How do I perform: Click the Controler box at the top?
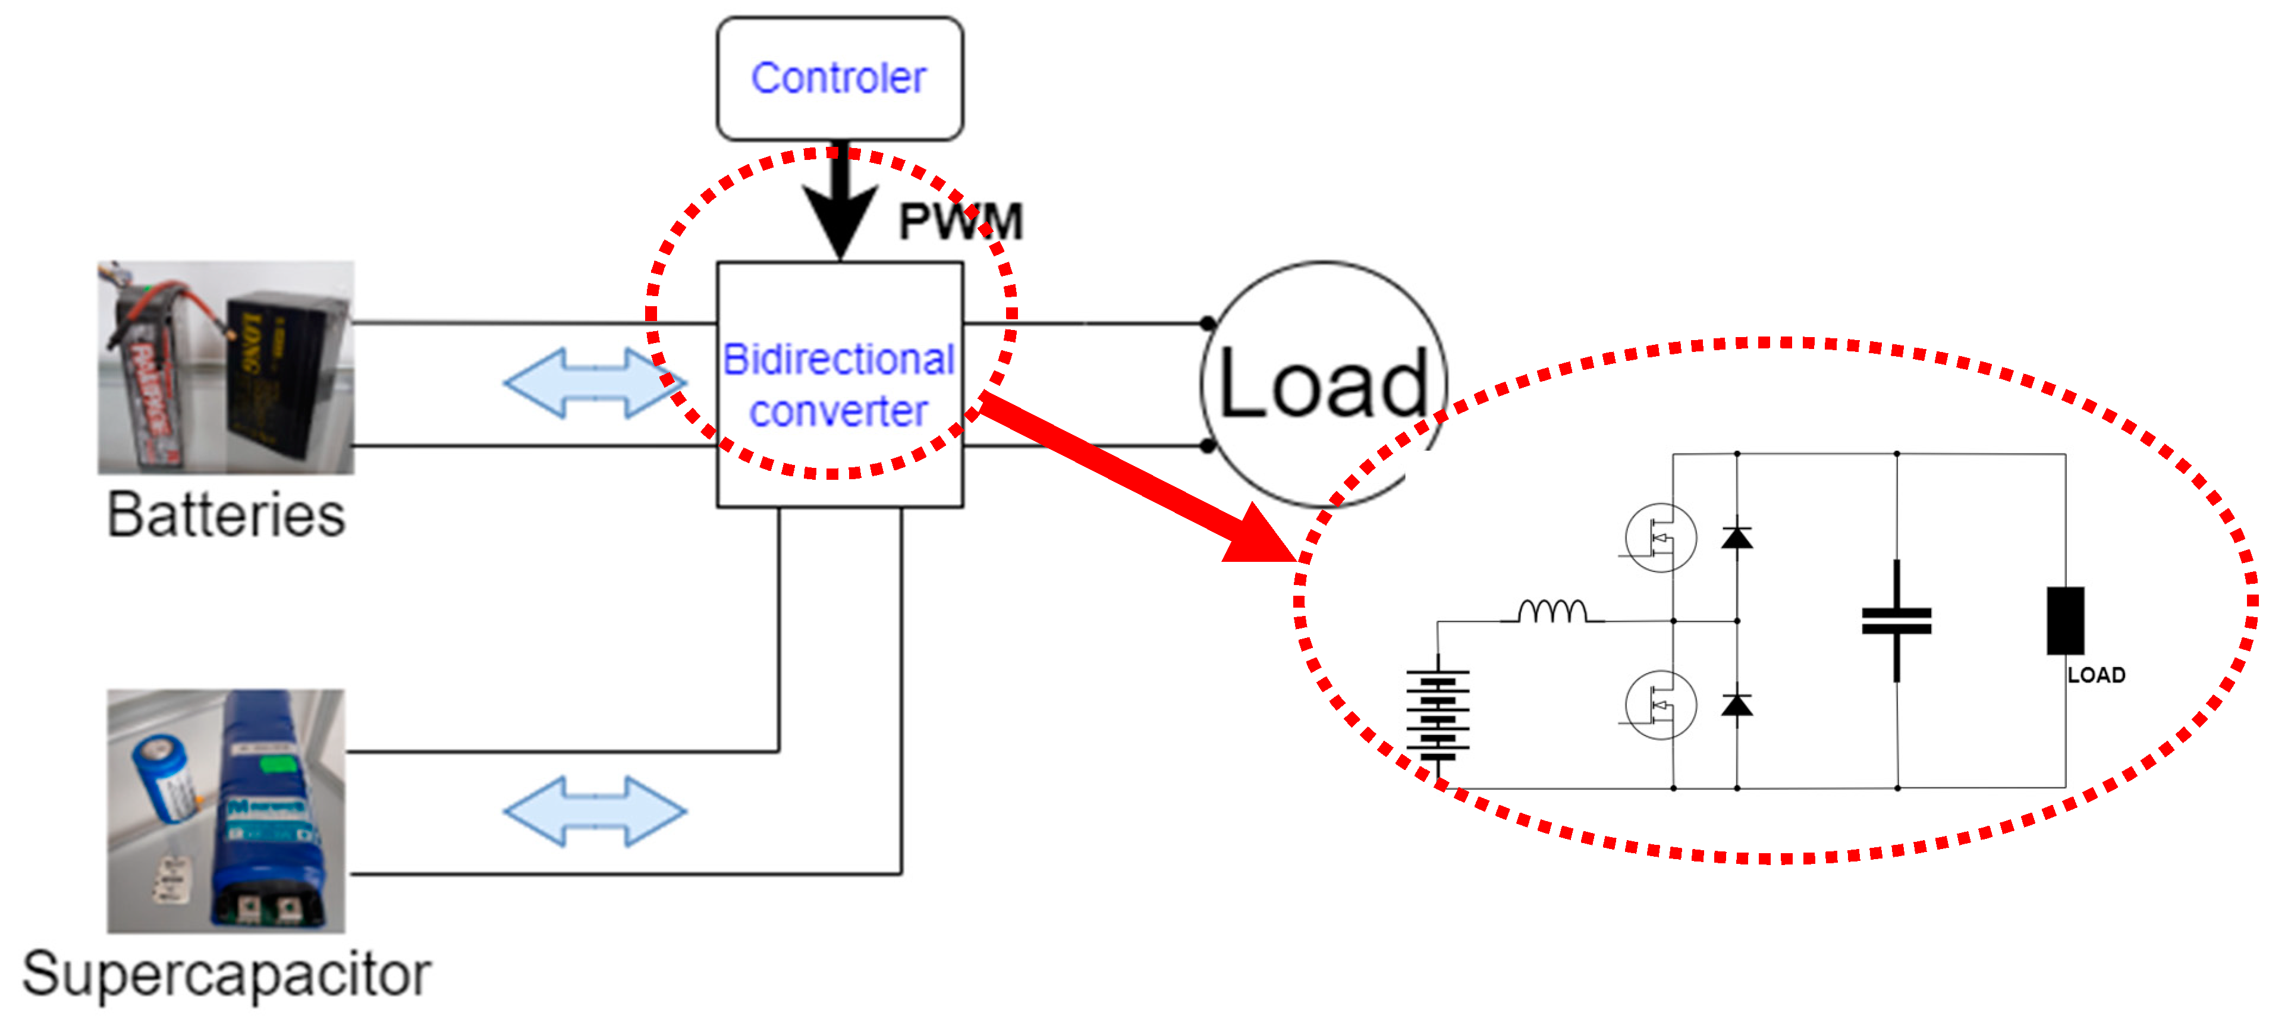[840, 78]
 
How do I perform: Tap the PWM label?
[960, 221]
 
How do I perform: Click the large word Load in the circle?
[1324, 383]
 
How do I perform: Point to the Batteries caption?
[227, 514]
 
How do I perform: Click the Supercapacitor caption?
[227, 974]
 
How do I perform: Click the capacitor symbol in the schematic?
[1896, 621]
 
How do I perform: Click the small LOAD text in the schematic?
[2096, 675]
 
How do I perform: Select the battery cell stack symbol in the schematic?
[1437, 715]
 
